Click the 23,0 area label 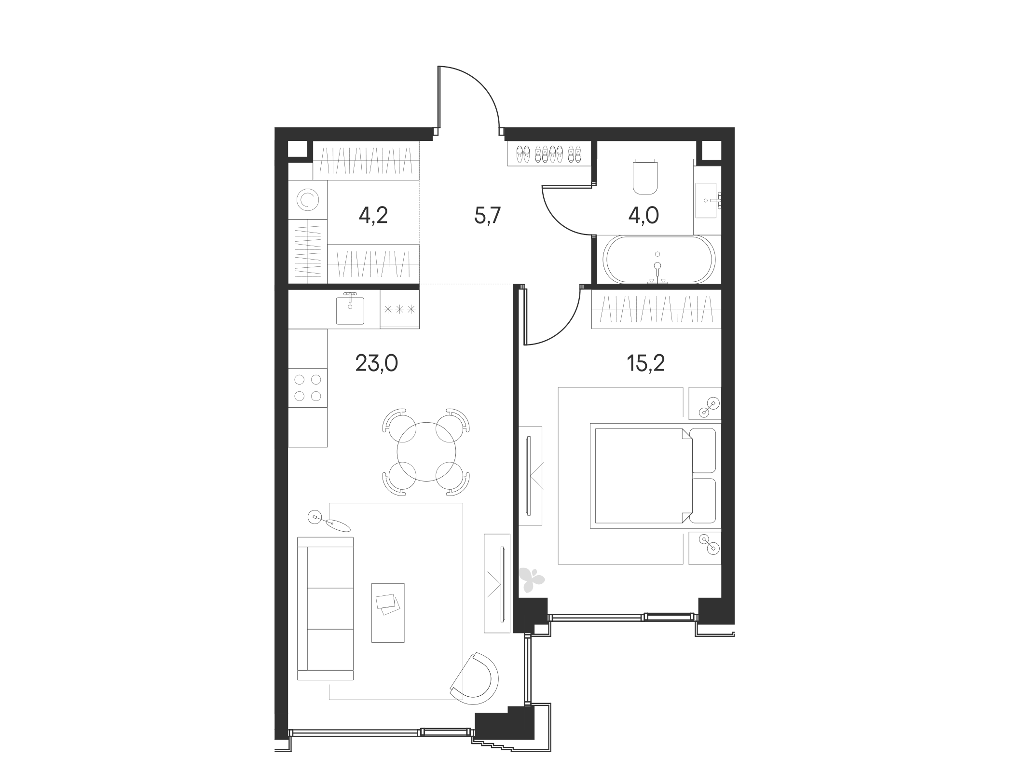pyautogui.click(x=376, y=363)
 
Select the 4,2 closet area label pyautogui.click(x=373, y=216)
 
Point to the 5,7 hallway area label pyautogui.click(x=489, y=216)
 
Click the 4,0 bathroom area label pyautogui.click(x=643, y=216)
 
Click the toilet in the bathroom pyautogui.click(x=645, y=177)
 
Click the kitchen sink pyautogui.click(x=350, y=309)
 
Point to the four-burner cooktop pyautogui.click(x=308, y=387)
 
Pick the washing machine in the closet pyautogui.click(x=307, y=200)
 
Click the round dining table pyautogui.click(x=426, y=452)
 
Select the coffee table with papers pyautogui.click(x=387, y=612)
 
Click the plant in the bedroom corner pyautogui.click(x=531, y=579)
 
